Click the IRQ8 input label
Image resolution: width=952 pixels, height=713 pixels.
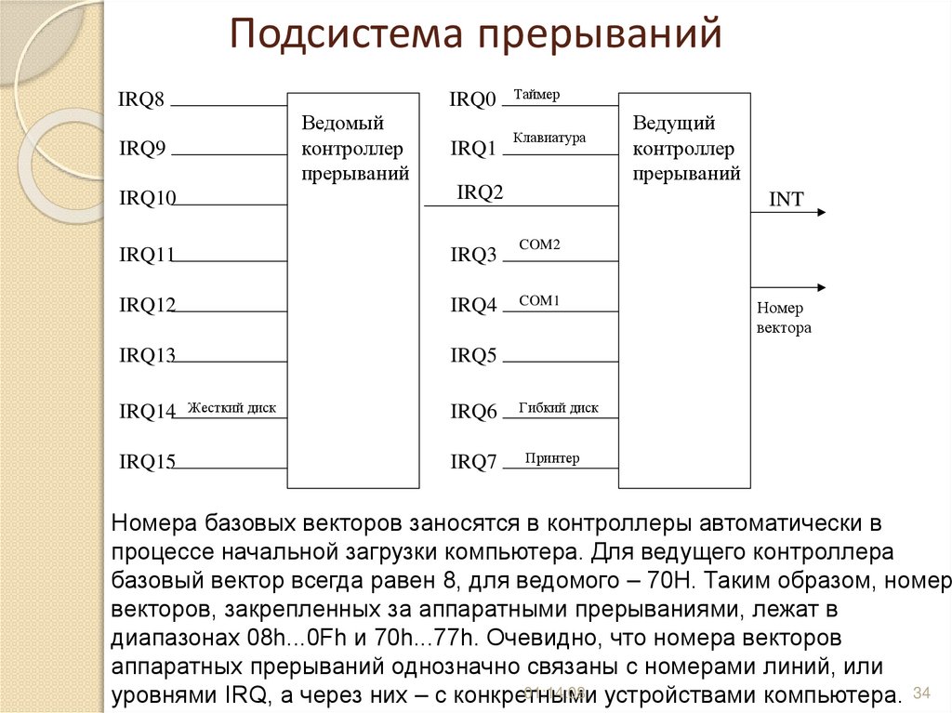(141, 99)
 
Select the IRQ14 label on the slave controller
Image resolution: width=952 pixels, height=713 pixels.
(147, 411)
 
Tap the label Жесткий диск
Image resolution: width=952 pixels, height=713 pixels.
(231, 407)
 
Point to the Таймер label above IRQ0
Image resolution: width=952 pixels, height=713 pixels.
(536, 95)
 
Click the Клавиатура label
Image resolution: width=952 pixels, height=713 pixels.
(549, 138)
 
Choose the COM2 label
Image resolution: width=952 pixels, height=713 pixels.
(539, 244)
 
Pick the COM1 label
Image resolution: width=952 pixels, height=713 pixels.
(539, 300)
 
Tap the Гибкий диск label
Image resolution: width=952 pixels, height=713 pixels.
(559, 407)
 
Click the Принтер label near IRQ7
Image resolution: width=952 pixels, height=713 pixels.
(551, 457)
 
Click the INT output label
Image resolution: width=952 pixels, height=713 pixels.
(786, 198)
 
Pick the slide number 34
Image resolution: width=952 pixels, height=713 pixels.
(922, 693)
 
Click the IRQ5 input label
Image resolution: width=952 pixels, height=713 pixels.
(473, 354)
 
